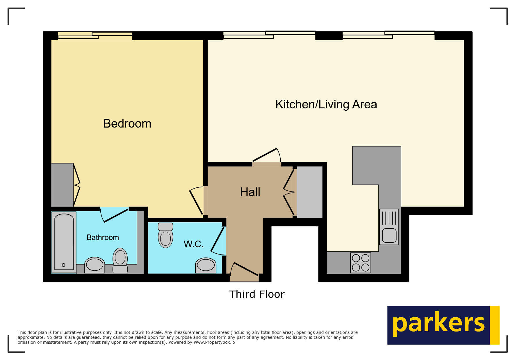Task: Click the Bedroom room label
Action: coord(127,124)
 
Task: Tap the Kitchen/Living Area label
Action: coord(326,105)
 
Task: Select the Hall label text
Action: coord(250,192)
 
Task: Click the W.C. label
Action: coord(193,244)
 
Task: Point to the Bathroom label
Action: coord(103,238)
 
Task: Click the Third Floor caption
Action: coord(257,294)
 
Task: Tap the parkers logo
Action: coord(443,325)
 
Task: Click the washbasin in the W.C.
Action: coord(206,265)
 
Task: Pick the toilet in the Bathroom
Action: coord(120,259)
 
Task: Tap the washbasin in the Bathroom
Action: coord(95,265)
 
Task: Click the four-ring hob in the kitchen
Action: coord(361,263)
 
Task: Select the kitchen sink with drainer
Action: coord(389,227)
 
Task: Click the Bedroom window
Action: coord(95,35)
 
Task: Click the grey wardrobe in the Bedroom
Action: coord(62,185)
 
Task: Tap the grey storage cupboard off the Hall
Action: coord(309,192)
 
